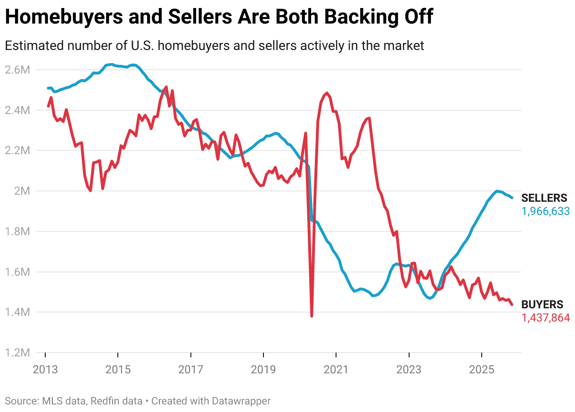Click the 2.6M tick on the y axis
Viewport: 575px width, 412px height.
[x=17, y=70]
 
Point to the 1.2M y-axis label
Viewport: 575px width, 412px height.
[x=17, y=353]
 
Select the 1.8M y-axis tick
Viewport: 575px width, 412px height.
[x=17, y=231]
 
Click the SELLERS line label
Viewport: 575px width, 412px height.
[x=544, y=198]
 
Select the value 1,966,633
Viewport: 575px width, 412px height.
[x=545, y=211]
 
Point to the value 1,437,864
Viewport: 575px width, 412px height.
[x=545, y=318]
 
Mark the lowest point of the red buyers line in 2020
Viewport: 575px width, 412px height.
[x=312, y=316]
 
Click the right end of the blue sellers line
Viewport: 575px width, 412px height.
[x=512, y=198]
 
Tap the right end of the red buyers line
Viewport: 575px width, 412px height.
[x=512, y=305]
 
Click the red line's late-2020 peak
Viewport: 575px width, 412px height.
[x=327, y=93]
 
